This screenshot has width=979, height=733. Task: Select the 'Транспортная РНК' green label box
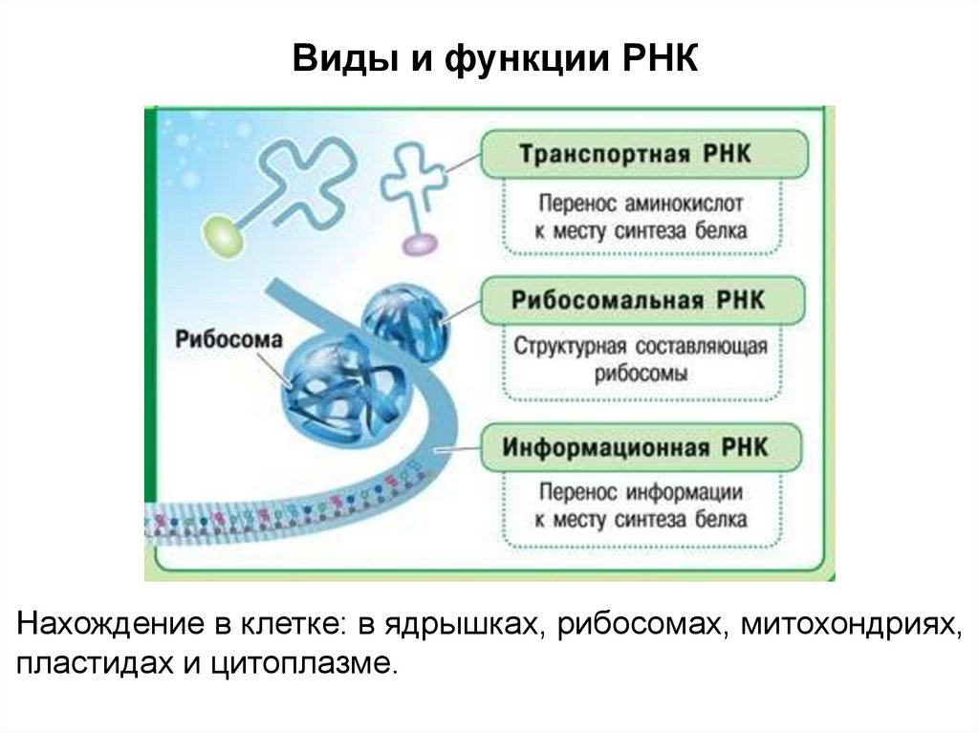click(642, 154)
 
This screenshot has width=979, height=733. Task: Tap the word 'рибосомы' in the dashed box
click(640, 373)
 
